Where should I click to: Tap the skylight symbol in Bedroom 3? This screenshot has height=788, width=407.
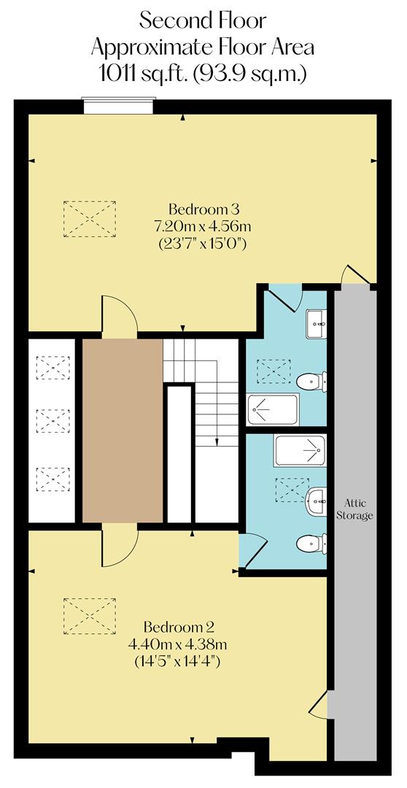[x=90, y=218]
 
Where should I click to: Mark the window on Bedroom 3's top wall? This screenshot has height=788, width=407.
[x=118, y=107]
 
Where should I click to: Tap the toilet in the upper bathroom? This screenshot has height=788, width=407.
[x=312, y=380]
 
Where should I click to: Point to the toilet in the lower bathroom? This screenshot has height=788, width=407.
[x=312, y=544]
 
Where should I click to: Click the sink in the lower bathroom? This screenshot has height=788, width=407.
[x=316, y=500]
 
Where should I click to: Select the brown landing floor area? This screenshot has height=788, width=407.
[x=122, y=430]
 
